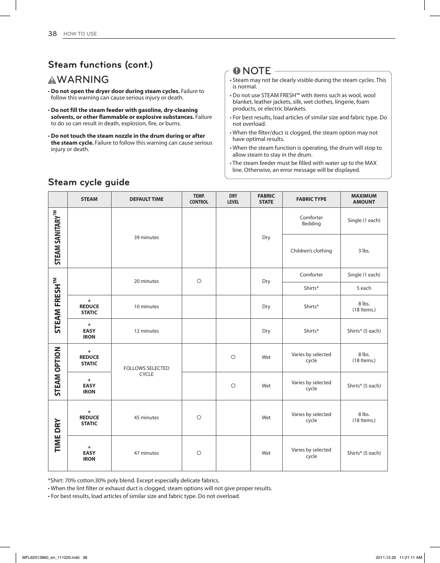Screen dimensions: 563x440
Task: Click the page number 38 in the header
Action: (x=52, y=34)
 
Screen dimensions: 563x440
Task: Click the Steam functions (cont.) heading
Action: (x=100, y=65)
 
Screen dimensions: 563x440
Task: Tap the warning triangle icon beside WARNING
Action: (x=52, y=80)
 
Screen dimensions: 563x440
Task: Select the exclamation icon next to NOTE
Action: (x=236, y=71)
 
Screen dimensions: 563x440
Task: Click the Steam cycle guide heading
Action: (x=89, y=182)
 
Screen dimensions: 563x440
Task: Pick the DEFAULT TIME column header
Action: (x=146, y=199)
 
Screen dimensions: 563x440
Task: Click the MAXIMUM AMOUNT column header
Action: (x=364, y=199)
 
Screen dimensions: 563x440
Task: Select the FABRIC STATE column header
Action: (x=266, y=199)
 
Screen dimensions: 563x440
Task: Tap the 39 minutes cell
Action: (x=146, y=238)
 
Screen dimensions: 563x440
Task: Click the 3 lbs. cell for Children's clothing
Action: (x=364, y=251)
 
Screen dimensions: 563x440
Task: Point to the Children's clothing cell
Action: (x=311, y=251)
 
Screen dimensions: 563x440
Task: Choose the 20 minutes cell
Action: (x=146, y=281)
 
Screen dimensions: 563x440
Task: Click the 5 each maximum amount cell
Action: (x=364, y=288)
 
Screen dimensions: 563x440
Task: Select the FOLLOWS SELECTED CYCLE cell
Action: (x=146, y=371)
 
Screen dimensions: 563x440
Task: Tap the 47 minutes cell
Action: (x=146, y=453)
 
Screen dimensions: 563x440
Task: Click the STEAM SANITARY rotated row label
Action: (x=58, y=237)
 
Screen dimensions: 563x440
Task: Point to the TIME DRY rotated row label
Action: (x=58, y=435)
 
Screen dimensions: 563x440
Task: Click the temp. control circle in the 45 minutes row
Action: (x=199, y=417)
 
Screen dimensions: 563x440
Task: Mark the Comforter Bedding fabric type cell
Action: (x=311, y=221)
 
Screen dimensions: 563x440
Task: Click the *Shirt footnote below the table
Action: (x=134, y=481)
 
